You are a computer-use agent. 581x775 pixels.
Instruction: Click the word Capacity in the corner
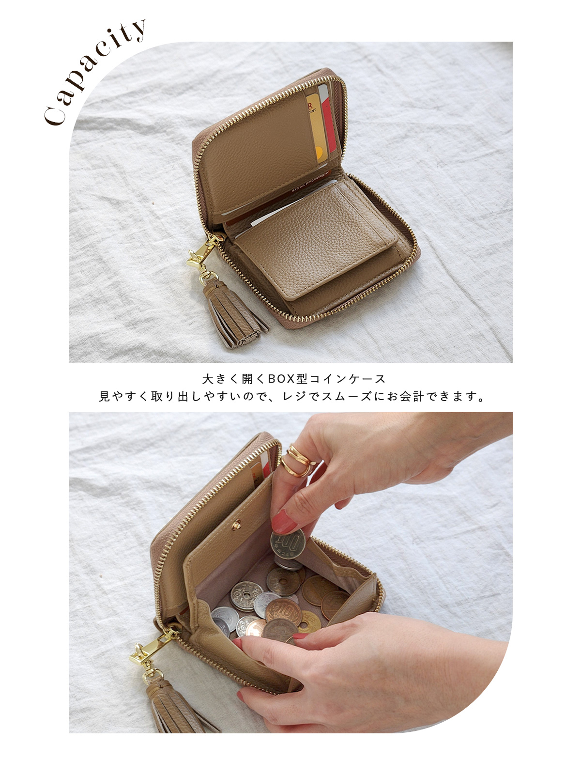[94, 72]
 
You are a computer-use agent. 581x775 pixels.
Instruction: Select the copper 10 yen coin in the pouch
[284, 611]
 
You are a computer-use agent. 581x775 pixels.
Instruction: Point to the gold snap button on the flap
[236, 525]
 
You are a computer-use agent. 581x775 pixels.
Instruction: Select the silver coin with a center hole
[246, 596]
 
